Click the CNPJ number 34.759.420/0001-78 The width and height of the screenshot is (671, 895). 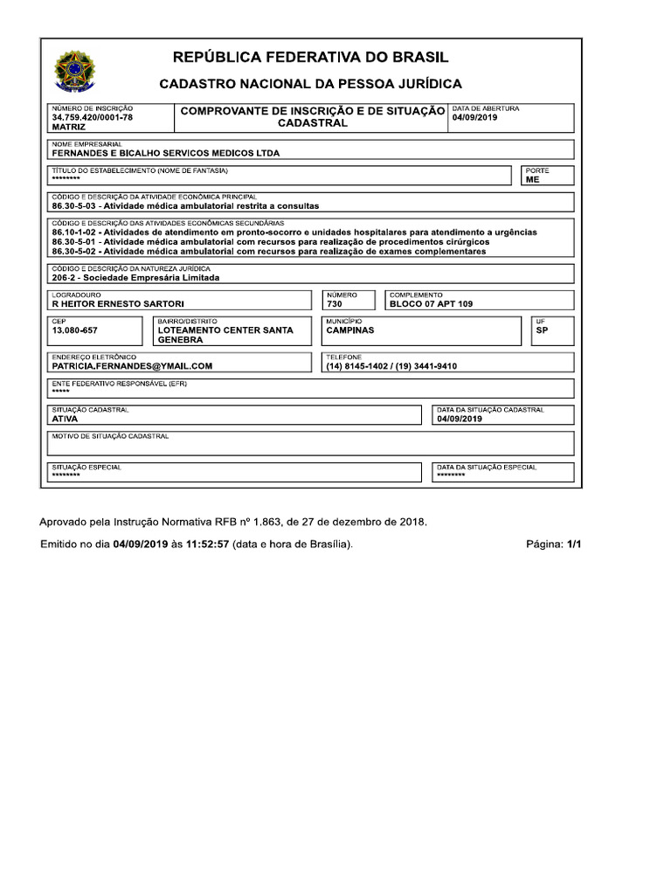coord(92,117)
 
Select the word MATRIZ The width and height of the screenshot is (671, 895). coord(68,127)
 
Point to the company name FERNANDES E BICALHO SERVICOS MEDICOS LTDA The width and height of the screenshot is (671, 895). coord(166,153)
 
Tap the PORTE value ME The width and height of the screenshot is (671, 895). coord(532,179)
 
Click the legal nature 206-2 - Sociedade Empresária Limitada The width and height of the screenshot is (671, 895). coord(135,278)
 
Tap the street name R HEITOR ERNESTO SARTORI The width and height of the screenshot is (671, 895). coord(118,304)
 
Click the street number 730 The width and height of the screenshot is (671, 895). coord(334,304)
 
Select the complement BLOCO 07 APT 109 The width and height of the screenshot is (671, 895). coord(431,304)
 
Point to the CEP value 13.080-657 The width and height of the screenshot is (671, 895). coord(75,330)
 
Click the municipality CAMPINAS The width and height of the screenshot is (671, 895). coord(349,330)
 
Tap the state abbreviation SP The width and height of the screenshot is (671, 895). coord(542,330)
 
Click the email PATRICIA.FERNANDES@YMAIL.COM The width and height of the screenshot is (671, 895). coord(132,366)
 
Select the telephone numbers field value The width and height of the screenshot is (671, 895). coord(391,366)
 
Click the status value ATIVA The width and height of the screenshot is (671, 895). coord(65,419)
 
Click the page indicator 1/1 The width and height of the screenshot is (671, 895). coord(573,545)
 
